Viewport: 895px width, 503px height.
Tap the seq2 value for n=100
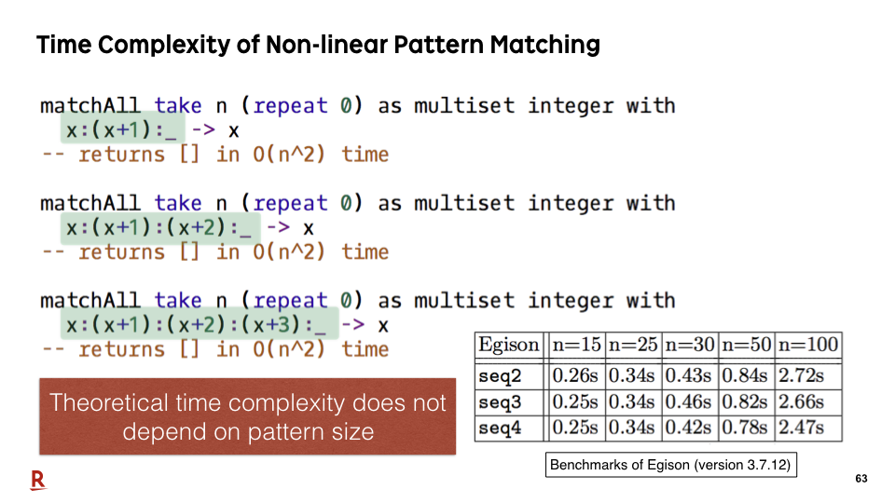[x=802, y=375]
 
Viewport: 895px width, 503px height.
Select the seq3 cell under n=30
[x=688, y=401]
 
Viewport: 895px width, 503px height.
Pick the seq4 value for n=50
[x=744, y=428]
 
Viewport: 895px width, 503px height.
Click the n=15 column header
[x=576, y=345]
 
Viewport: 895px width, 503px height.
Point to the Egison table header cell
[x=509, y=345]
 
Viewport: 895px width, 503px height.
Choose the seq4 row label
[x=500, y=428]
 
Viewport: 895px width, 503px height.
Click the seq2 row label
[x=500, y=375]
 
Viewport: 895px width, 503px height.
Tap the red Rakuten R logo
[x=37, y=481]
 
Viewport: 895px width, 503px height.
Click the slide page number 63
[x=861, y=479]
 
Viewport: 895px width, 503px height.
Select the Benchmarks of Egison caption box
[x=670, y=465]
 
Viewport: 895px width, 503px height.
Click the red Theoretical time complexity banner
[x=248, y=416]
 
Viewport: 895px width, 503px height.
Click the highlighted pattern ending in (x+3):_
[x=200, y=323]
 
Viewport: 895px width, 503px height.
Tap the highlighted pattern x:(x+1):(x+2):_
[x=160, y=227]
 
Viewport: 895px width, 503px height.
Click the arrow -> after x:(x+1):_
[x=203, y=129]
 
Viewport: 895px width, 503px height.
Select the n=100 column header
[x=808, y=345]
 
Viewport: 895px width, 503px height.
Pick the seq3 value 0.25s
[x=575, y=401]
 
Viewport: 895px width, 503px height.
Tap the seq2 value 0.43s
[x=688, y=375]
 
